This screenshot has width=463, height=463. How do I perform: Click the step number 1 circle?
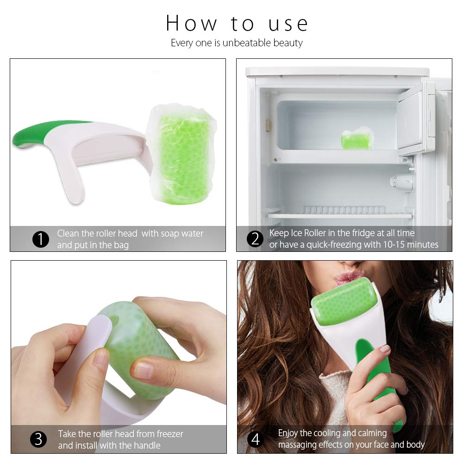[x=40, y=239]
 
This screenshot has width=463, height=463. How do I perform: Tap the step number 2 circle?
[x=255, y=239]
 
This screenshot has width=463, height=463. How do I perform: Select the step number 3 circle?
[x=38, y=439]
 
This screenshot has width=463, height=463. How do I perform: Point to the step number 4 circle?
[x=256, y=439]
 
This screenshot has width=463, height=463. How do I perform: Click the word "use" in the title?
[x=288, y=24]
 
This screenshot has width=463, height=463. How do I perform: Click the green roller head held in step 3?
[x=139, y=343]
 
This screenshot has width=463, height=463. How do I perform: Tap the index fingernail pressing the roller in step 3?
[x=144, y=369]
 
